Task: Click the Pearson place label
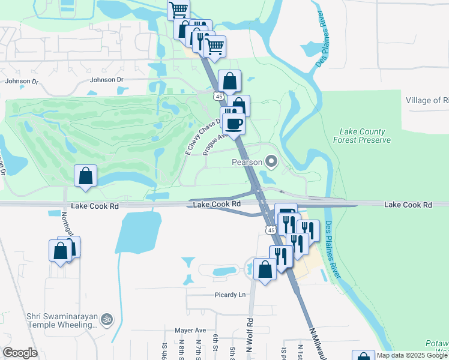(247, 162)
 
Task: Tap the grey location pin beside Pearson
(271, 161)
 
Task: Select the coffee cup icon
(234, 124)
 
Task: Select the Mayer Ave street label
(190, 330)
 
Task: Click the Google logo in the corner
(20, 353)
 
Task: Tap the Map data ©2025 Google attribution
(412, 355)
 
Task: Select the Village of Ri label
(427, 100)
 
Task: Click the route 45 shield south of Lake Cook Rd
(271, 230)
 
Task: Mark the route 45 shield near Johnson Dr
(219, 96)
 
